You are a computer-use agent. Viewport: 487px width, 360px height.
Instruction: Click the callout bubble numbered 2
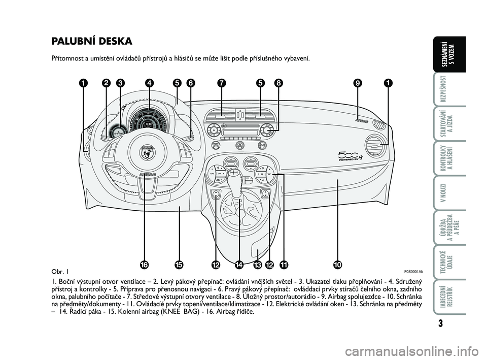[106, 83]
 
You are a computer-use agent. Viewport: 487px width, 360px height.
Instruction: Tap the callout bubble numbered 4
[149, 83]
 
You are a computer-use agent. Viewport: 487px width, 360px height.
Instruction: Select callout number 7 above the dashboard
[221, 83]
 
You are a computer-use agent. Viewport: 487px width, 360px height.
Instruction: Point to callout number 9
[359, 83]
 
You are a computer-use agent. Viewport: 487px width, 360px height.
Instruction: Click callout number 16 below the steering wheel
[145, 265]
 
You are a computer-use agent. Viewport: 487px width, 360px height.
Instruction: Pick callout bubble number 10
[338, 265]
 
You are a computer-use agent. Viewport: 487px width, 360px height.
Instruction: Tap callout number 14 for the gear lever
[239, 265]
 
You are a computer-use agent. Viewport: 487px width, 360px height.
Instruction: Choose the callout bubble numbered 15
[179, 265]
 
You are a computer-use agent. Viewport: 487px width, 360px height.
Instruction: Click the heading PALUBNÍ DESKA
[92, 41]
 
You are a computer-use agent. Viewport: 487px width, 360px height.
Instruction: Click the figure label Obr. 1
[60, 271]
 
